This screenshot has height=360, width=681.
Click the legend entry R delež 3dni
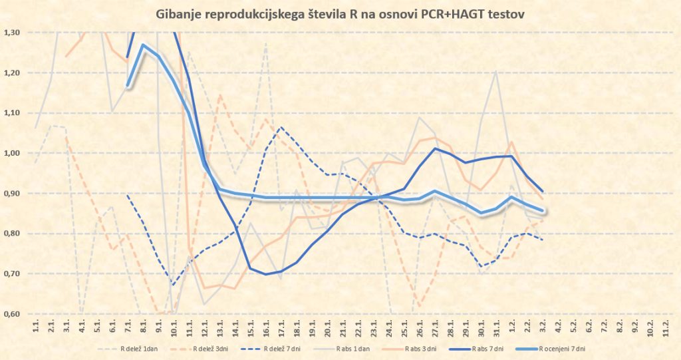click(213, 349)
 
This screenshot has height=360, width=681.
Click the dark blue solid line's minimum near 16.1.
click(266, 274)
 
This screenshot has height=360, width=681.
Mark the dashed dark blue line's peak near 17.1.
click(281, 127)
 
